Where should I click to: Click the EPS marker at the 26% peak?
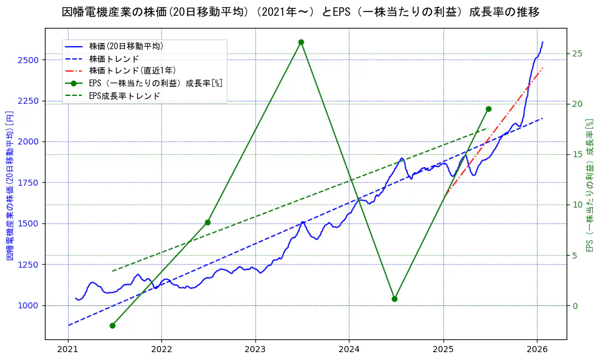pyautogui.click(x=301, y=42)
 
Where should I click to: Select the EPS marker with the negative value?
pyautogui.click(x=112, y=325)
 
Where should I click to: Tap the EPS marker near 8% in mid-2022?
pyautogui.click(x=207, y=222)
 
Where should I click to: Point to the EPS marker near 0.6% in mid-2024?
pyautogui.click(x=394, y=299)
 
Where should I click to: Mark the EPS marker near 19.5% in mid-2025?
pyautogui.click(x=488, y=109)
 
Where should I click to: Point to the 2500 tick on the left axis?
pyautogui.click(x=28, y=60)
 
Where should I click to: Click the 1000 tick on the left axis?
pyautogui.click(x=28, y=305)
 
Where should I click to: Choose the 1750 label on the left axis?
pyautogui.click(x=28, y=183)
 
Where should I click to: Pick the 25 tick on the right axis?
pyautogui.click(x=577, y=54)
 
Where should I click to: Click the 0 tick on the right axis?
pyautogui.click(x=575, y=305)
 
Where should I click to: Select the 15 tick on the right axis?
pyautogui.click(x=577, y=154)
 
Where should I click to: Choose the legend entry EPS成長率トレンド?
pyautogui.click(x=124, y=96)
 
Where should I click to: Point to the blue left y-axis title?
pyautogui.click(x=10, y=186)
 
